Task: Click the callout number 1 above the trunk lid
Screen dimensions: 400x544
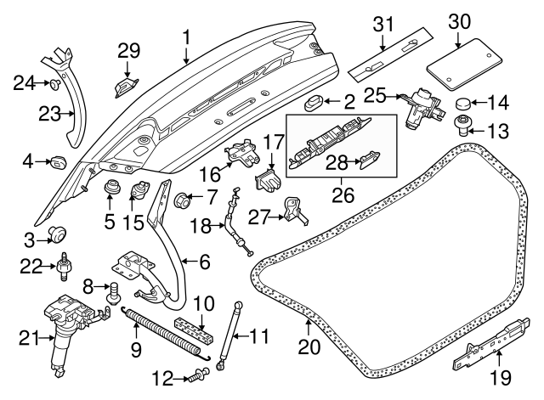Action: (186, 37)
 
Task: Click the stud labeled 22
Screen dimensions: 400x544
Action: (63, 266)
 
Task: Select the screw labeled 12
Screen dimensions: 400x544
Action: (199, 374)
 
